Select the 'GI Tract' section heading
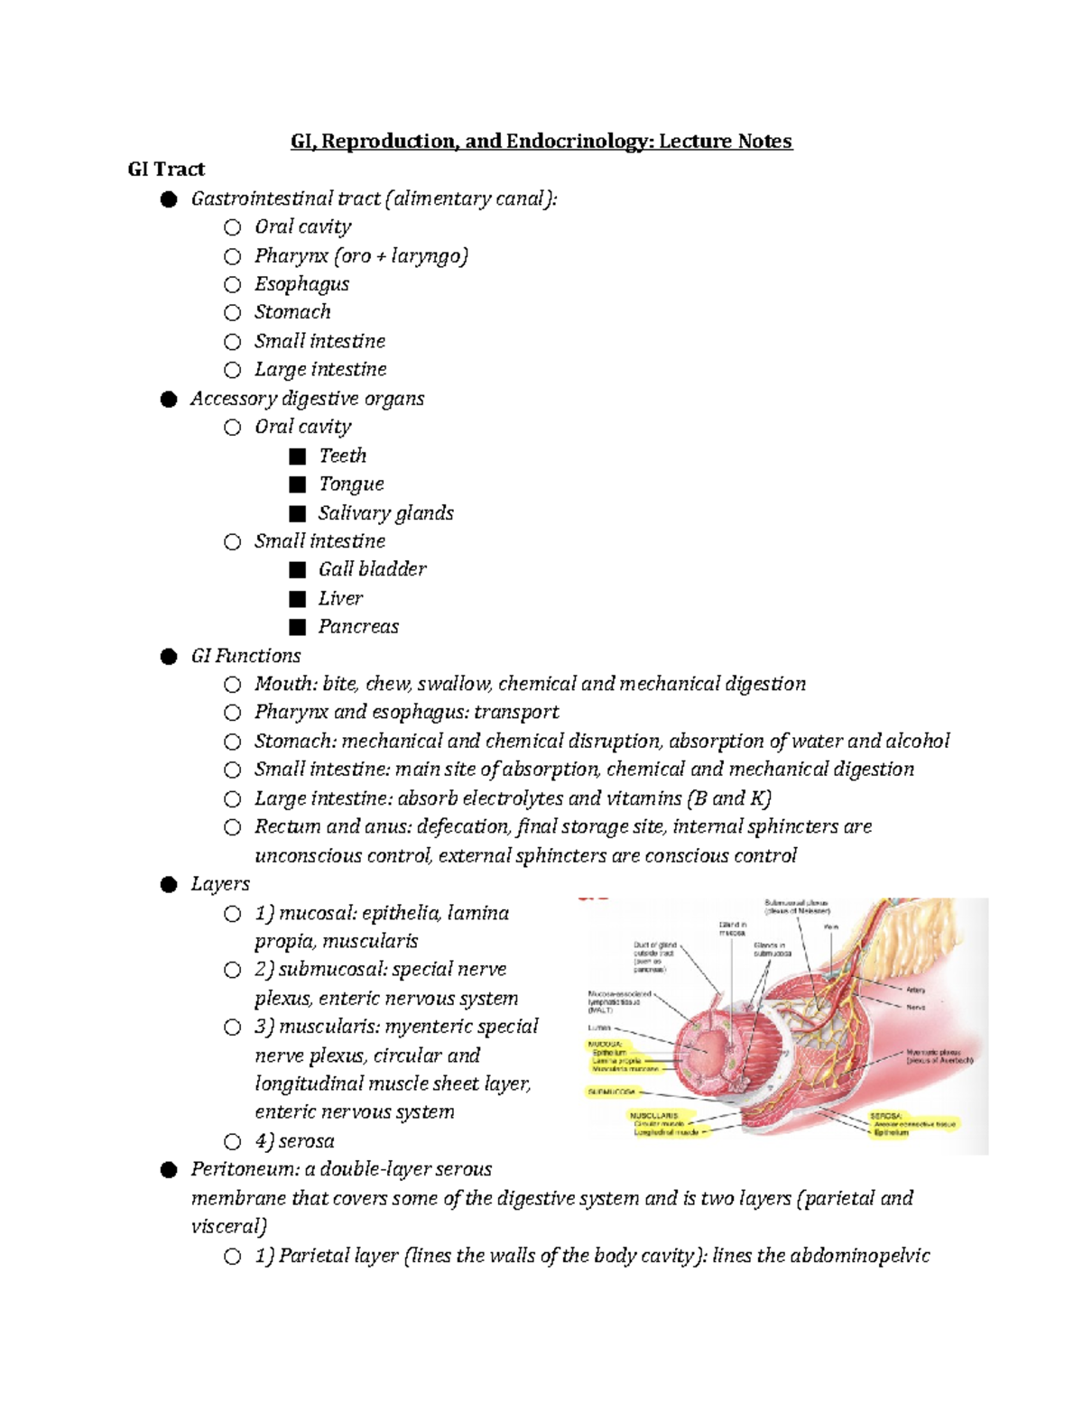tap(166, 170)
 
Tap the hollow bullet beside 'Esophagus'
tap(233, 285)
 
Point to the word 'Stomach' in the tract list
tap(292, 312)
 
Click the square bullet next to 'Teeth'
tap(298, 456)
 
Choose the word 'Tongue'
tap(351, 484)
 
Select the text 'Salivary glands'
tap(385, 513)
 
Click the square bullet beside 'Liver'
tap(298, 599)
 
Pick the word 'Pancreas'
tap(358, 627)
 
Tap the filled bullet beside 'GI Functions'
tap(169, 657)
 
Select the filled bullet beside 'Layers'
tap(169, 885)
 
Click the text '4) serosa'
tap(294, 1141)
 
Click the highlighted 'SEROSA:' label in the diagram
tap(886, 1116)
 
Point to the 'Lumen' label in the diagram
tap(599, 1028)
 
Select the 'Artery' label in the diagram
tap(915, 990)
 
